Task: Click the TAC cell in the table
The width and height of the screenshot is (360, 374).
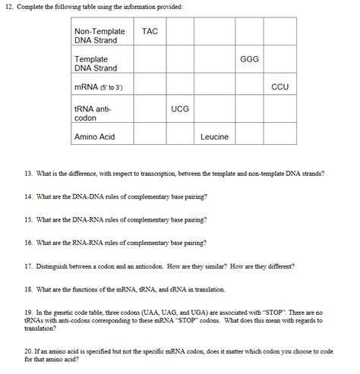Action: pyautogui.click(x=150, y=32)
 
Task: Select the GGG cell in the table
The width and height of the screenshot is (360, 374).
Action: pyautogui.click(x=249, y=59)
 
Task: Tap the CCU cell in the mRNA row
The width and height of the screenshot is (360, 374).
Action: pyautogui.click(x=279, y=86)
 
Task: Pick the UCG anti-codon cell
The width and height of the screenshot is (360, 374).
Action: pyautogui.click(x=180, y=109)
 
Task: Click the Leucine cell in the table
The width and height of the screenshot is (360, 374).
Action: pyautogui.click(x=215, y=137)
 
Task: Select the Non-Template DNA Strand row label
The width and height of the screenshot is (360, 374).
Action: pyautogui.click(x=99, y=36)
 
